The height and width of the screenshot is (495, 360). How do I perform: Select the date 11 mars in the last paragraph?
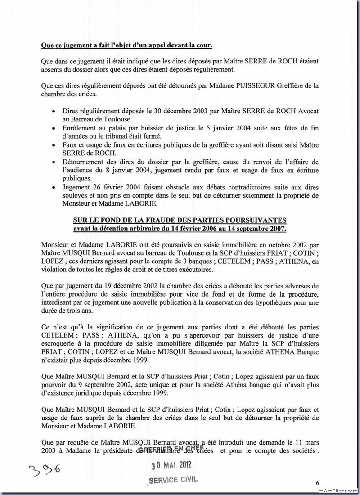pyautogui.click(x=306, y=441)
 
